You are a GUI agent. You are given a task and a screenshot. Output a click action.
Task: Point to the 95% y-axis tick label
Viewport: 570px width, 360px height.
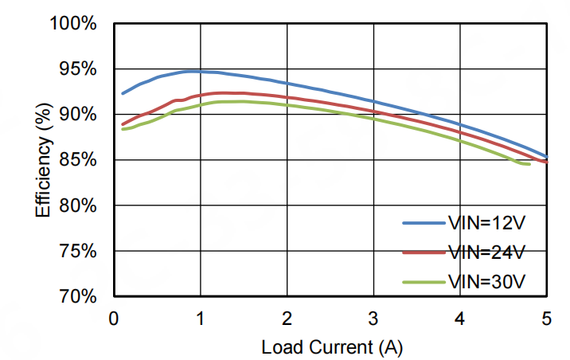[78, 69]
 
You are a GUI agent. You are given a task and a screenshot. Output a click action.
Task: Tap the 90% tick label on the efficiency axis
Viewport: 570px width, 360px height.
[78, 115]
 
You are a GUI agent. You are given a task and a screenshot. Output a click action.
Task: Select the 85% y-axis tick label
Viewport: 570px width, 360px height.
[78, 160]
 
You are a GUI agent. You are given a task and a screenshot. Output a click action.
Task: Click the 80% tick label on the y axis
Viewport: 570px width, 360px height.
[78, 205]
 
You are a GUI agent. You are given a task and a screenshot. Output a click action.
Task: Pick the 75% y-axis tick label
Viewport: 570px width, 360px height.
[78, 251]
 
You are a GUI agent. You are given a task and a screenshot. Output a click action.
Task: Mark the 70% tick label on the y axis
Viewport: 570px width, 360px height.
[78, 296]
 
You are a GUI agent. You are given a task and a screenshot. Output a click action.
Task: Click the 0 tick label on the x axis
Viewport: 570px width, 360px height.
[113, 318]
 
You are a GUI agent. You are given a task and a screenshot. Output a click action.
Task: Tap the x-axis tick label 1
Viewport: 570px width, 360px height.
[200, 318]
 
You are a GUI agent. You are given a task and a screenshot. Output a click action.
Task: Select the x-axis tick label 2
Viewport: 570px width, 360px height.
[287, 318]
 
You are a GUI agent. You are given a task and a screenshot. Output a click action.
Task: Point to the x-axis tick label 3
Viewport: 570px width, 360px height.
[373, 318]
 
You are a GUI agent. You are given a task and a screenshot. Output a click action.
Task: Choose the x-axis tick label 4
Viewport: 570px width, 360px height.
[460, 318]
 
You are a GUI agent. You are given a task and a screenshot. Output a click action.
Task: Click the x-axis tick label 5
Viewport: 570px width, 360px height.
[547, 318]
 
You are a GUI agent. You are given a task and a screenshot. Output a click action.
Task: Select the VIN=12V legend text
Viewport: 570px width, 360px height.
[486, 225]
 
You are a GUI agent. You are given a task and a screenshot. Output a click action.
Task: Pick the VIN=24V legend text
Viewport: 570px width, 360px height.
[486, 252]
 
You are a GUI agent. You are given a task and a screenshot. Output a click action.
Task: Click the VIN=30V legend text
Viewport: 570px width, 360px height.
[486, 281]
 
